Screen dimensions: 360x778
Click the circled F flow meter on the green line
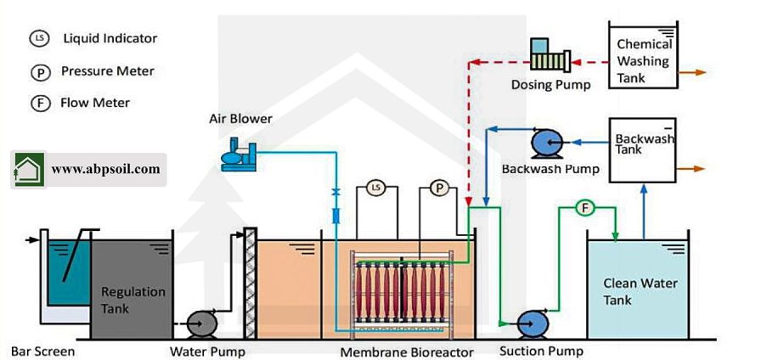pyautogui.click(x=583, y=207)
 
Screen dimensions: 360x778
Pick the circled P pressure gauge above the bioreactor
pyautogui.click(x=438, y=188)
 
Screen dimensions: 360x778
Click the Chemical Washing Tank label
pyautogui.click(x=643, y=61)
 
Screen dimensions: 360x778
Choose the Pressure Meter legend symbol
pyautogui.click(x=37, y=71)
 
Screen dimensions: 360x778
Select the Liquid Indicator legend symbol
pyautogui.click(x=37, y=38)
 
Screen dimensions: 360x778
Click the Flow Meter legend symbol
pyautogui.click(x=37, y=104)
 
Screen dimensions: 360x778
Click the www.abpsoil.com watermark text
pyautogui.click(x=105, y=169)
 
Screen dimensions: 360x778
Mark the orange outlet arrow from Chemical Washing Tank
pyautogui.click(x=694, y=73)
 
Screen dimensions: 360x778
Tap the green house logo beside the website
pyautogui.click(x=28, y=169)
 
